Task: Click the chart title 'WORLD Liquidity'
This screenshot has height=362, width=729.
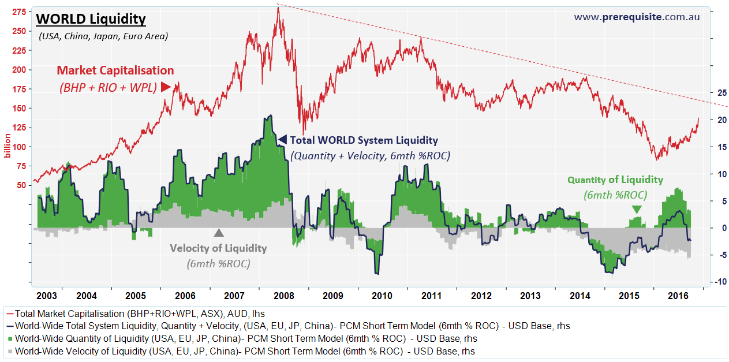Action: pyautogui.click(x=91, y=19)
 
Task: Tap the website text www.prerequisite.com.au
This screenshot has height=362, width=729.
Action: pyautogui.click(x=637, y=17)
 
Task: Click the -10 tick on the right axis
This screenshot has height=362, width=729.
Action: pyautogui.click(x=721, y=282)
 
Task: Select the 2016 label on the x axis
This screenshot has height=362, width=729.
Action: pyautogui.click(x=678, y=296)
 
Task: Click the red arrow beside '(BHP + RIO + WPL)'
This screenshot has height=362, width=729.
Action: pyautogui.click(x=166, y=88)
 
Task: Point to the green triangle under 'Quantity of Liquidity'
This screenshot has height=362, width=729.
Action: pyautogui.click(x=636, y=209)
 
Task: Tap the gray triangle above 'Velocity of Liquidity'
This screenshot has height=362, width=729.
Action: pyautogui.click(x=218, y=233)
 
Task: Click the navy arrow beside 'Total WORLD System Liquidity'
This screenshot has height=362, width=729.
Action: pyautogui.click(x=282, y=139)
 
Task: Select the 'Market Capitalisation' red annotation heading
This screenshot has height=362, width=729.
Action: pyautogui.click(x=115, y=70)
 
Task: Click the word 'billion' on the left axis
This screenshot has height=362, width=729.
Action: pyautogui.click(x=8, y=145)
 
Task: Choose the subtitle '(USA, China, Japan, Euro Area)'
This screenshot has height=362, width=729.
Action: pyautogui.click(x=103, y=36)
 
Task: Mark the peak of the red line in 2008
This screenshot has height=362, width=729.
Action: pyautogui.click(x=278, y=8)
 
